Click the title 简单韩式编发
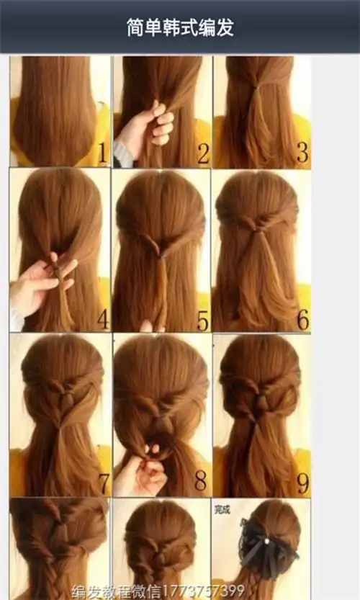[180, 27]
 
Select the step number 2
[204, 153]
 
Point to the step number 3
[302, 153]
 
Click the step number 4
[103, 319]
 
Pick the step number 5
[203, 321]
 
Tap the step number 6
[302, 319]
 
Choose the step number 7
[104, 483]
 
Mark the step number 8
[200, 480]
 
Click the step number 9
[302, 483]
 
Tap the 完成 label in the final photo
[222, 509]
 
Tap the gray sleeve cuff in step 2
[122, 156]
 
